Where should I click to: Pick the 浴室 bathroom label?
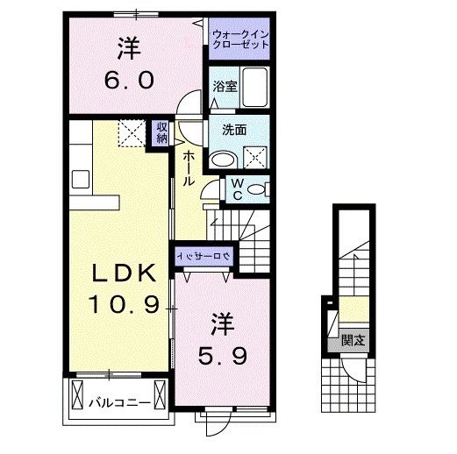(225, 86)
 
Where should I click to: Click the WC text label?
(235, 188)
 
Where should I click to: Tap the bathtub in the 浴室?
(256, 87)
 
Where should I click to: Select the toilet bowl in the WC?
(257, 188)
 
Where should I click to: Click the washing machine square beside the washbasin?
(257, 158)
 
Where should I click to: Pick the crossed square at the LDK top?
(132, 134)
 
